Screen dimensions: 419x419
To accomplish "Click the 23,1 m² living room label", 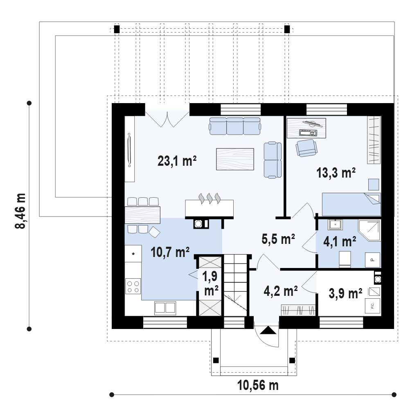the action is pyautogui.click(x=177, y=161).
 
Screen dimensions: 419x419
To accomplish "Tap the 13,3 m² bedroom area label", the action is pyautogui.click(x=336, y=173).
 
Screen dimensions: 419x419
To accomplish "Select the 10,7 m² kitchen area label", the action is pyautogui.click(x=170, y=252).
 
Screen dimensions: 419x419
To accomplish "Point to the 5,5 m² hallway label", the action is pyautogui.click(x=278, y=239).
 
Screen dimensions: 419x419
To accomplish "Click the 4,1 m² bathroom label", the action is pyautogui.click(x=340, y=241).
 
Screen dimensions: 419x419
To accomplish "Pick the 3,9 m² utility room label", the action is pyautogui.click(x=345, y=293).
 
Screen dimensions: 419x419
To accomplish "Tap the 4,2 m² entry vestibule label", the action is pyautogui.click(x=281, y=291).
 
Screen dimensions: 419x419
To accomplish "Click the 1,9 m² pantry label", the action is pyautogui.click(x=210, y=284).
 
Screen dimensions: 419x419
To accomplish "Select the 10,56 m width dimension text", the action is pyautogui.click(x=258, y=385).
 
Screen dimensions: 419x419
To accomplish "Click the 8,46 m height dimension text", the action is pyautogui.click(x=20, y=211).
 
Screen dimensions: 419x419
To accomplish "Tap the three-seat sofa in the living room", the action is pyautogui.click(x=235, y=126).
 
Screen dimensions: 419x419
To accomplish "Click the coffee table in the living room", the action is pyautogui.click(x=235, y=159).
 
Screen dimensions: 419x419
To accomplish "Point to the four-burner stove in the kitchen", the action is pyautogui.click(x=133, y=286).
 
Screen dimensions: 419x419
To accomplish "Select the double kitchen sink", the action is pyautogui.click(x=165, y=308).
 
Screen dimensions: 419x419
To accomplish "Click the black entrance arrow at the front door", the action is pyautogui.click(x=268, y=331).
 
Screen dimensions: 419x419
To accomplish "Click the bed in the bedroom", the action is pyautogui.click(x=351, y=204).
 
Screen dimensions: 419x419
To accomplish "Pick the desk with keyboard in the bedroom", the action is pyautogui.click(x=306, y=128).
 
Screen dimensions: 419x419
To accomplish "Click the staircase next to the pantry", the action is pyautogui.click(x=235, y=285).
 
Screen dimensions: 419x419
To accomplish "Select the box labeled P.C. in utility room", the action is pyautogui.click(x=372, y=305).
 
